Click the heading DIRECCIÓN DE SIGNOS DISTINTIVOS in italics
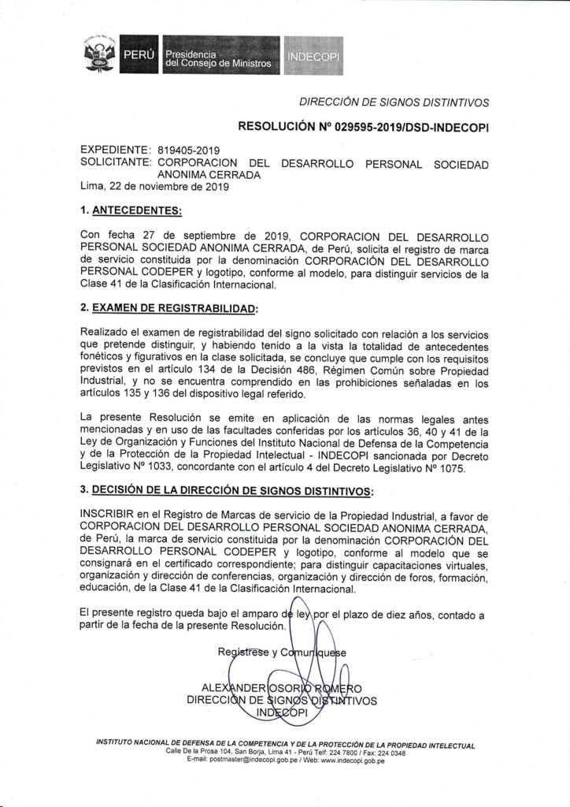[394, 102]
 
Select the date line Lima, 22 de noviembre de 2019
[154, 188]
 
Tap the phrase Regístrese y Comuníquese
[282, 652]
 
